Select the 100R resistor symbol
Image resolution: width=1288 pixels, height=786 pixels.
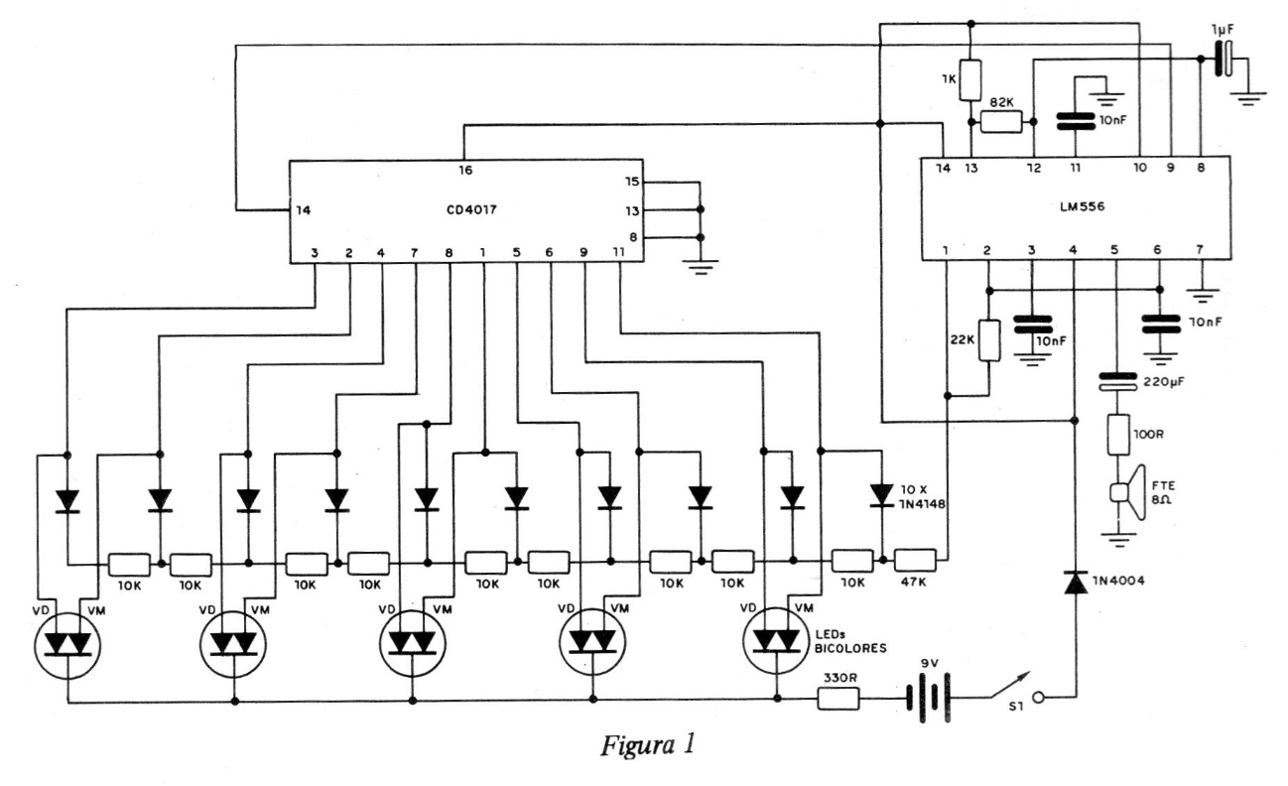pos(1117,433)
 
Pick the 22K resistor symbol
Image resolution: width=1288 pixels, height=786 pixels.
pos(989,340)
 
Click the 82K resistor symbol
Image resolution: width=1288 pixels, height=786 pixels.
pos(1001,122)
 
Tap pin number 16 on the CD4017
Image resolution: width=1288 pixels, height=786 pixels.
pos(466,171)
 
